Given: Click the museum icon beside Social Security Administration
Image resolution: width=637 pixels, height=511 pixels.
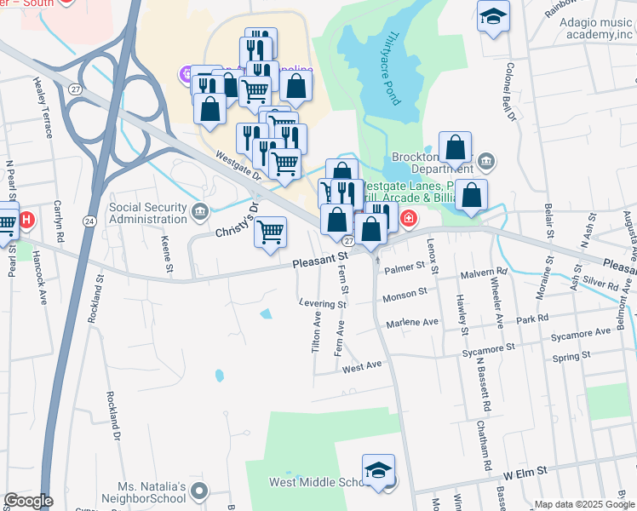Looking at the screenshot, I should [200, 210].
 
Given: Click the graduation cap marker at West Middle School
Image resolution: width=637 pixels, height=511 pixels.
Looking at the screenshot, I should [378, 471].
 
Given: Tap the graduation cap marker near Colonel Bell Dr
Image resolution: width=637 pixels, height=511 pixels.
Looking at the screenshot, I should [493, 17].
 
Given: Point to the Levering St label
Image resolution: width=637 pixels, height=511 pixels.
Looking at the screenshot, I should [323, 303].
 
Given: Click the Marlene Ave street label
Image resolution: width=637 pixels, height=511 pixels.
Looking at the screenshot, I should [412, 322].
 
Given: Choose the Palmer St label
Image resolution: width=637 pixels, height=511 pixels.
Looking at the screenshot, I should [404, 267].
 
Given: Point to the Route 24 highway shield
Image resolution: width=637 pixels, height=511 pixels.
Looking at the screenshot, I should [89, 221].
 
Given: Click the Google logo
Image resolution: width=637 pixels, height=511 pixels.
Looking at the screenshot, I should [28, 501].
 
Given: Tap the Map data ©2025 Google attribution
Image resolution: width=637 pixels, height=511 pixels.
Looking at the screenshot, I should [583, 504].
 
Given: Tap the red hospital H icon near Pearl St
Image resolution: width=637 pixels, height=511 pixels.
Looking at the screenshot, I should [26, 221].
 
